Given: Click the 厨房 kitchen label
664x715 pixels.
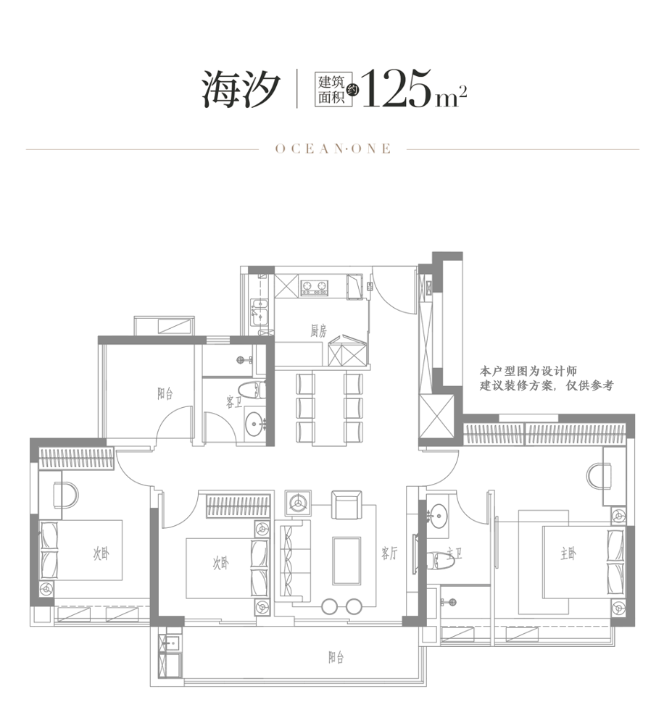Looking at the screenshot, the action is coord(318,330).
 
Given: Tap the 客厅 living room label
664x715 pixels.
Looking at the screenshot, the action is coord(389,553).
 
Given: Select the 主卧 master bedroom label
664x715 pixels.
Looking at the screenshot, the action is coord(568,554).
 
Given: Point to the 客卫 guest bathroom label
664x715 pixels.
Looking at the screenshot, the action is coord(233,402).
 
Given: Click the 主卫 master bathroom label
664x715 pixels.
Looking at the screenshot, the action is coord(455,553).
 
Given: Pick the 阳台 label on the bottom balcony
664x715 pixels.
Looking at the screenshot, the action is coord(336,657).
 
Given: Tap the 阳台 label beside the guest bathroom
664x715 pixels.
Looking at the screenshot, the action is coord(165,393).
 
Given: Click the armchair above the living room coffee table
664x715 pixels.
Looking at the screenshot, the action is coord(346,505).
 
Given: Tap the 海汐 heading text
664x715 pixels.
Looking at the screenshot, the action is coord(241,89).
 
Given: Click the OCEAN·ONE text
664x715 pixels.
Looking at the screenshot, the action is coord(333,149).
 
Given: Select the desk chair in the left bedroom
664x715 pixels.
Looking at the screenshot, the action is coord(66,496).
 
